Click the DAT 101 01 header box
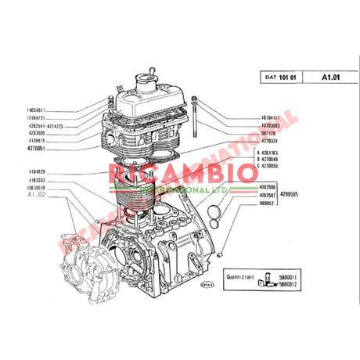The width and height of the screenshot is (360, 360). coord(279,77)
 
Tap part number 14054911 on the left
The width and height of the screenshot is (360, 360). coord(30,110)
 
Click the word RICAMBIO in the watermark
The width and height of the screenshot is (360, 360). coord(169,171)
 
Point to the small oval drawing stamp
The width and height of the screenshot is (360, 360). coord(207,285)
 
